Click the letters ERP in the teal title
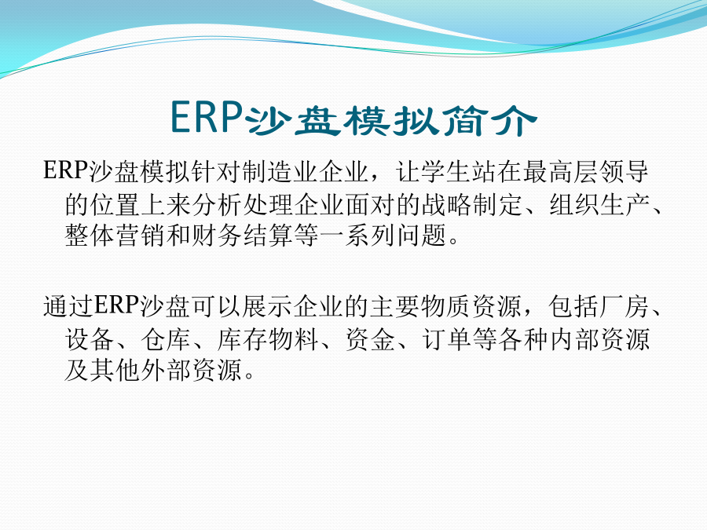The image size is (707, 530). coord(207,117)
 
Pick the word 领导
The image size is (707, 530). coord(624,172)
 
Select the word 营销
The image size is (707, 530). coord(141,236)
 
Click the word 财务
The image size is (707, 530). coord(217,236)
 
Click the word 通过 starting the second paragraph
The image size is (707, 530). coord(68,306)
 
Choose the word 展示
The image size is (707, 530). coord(267,306)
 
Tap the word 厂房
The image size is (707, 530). coord(625,306)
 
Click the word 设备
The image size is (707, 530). coord(90,340)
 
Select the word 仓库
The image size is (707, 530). coord(166,340)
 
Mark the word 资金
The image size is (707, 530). coord(370,340)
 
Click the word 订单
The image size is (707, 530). coord(446,340)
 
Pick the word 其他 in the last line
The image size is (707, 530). coord(115,371)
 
